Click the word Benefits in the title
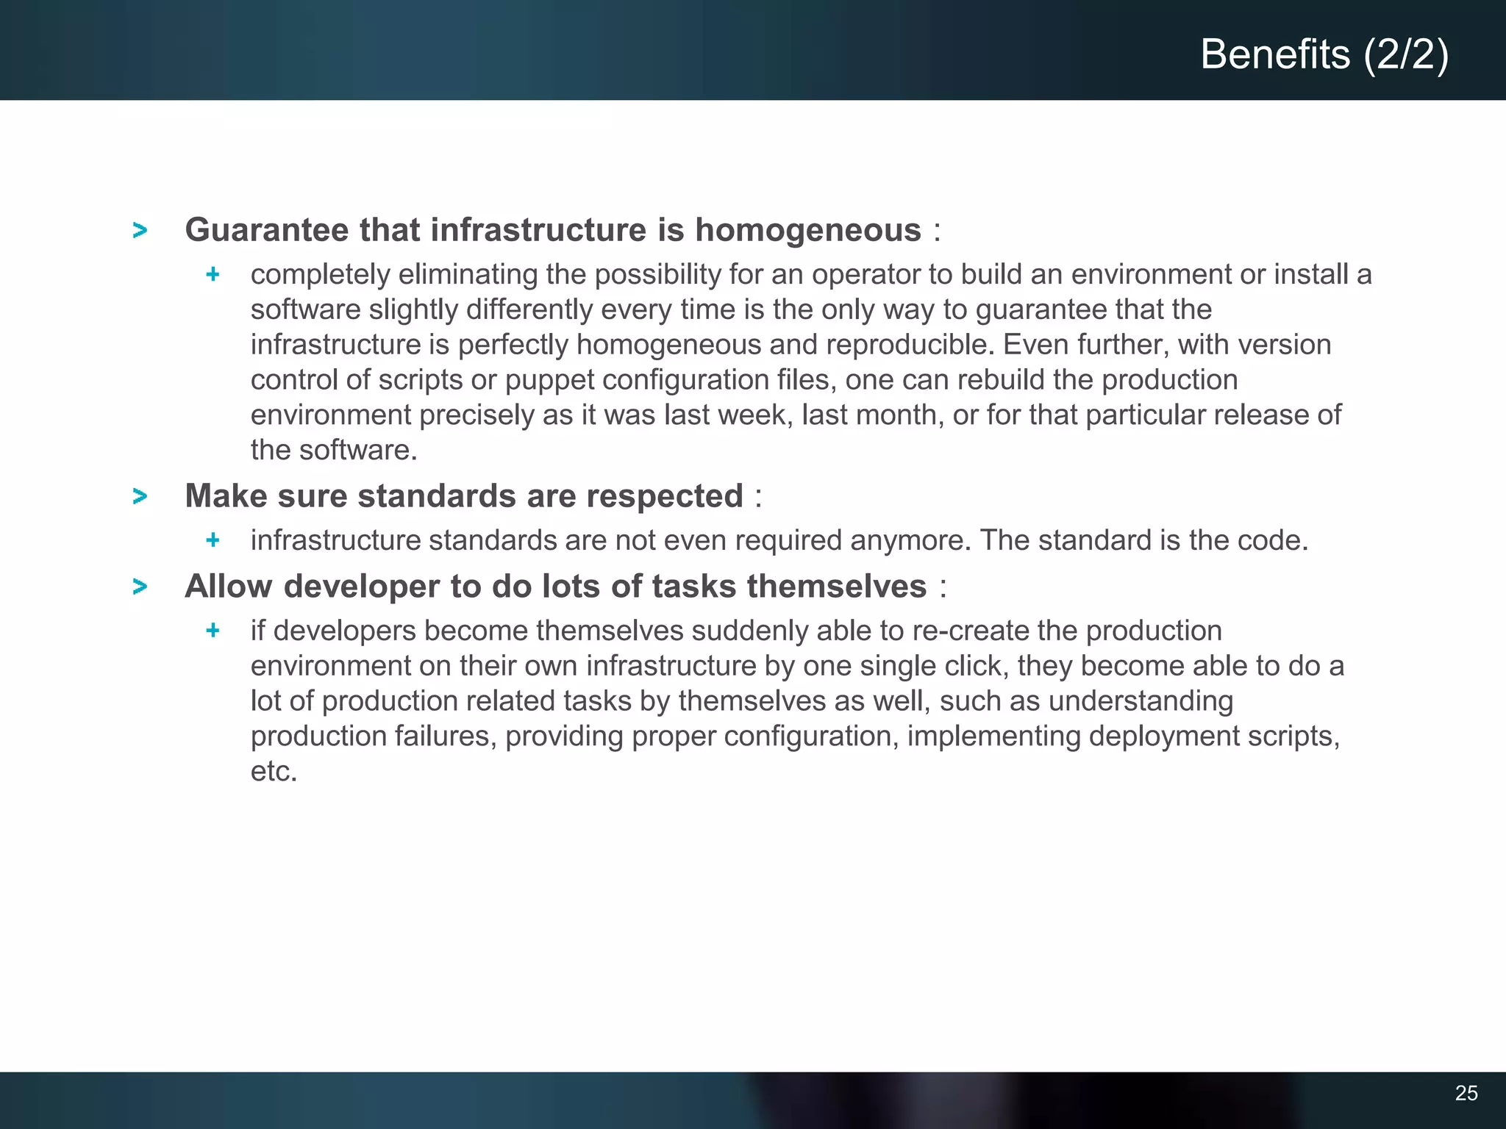(1275, 54)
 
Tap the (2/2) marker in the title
(1406, 54)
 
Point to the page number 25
(1466, 1093)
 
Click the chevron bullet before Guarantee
(140, 231)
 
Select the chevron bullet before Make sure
(140, 497)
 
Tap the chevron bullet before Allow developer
(140, 587)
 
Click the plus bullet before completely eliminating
(213, 275)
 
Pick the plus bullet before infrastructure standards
(213, 541)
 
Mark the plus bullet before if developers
(213, 631)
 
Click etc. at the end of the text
(274, 772)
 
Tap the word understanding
(1141, 701)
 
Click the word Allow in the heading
(229, 587)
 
